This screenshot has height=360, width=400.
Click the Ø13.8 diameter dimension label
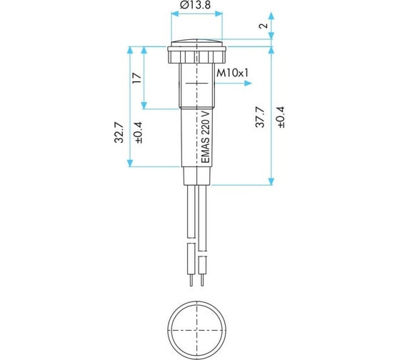pos(195,4)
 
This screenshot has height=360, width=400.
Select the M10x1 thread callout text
pos(232,74)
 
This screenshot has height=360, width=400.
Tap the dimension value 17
pos(137,78)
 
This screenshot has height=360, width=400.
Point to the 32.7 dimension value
pos(119,132)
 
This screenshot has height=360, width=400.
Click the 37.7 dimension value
pos(261,117)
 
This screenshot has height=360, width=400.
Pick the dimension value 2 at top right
pos(264,26)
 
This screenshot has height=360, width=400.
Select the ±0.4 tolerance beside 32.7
pos(139,132)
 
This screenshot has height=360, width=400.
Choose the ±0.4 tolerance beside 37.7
pos(281,117)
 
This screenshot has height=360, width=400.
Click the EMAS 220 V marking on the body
pos(206,136)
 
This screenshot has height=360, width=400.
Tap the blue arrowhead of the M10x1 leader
pos(248,83)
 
